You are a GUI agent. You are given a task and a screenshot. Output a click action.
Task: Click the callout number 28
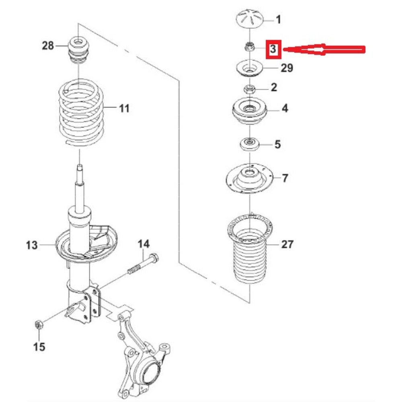48,46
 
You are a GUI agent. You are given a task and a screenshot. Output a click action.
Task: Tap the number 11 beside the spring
124,108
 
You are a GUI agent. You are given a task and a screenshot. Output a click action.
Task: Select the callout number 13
32,245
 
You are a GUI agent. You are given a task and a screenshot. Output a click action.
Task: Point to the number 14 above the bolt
144,244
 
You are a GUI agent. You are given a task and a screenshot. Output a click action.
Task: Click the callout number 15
39,347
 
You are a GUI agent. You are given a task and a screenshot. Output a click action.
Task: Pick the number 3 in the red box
273,49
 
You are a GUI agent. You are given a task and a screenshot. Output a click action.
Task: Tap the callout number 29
287,68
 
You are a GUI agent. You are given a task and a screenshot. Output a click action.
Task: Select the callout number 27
287,244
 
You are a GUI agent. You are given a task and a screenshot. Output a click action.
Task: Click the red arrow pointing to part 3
324,49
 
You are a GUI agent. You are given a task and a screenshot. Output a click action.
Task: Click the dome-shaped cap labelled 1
250,19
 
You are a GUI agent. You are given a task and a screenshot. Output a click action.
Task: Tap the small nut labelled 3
249,47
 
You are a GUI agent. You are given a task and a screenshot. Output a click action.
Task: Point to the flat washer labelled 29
250,68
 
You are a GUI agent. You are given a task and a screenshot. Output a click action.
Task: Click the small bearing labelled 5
250,145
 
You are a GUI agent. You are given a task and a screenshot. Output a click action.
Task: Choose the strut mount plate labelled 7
250,178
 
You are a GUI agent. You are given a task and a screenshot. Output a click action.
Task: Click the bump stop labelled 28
78,51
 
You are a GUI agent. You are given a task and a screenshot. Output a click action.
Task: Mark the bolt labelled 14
143,264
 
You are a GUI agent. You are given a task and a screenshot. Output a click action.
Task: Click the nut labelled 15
39,324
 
